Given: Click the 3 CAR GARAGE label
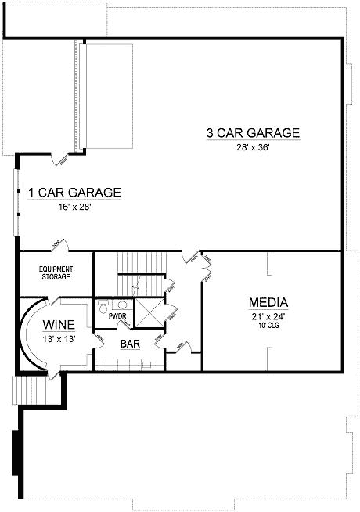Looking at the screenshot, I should point(253,133).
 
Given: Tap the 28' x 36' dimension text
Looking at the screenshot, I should point(253,149).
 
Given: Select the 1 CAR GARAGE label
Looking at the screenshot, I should point(74,193).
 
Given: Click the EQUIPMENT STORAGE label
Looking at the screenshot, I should point(56,272).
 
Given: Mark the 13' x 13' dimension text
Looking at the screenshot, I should point(59,339).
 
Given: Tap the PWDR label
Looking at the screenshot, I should point(118,316).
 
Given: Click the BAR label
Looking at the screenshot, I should point(130,343).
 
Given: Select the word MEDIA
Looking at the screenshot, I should point(269,303).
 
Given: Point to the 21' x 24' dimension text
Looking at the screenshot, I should point(268,316).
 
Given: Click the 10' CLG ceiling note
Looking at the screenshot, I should point(268,326).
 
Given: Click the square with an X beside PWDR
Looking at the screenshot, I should point(149,313).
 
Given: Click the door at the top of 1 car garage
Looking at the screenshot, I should point(61,160).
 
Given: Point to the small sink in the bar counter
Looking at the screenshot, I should point(146,365).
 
